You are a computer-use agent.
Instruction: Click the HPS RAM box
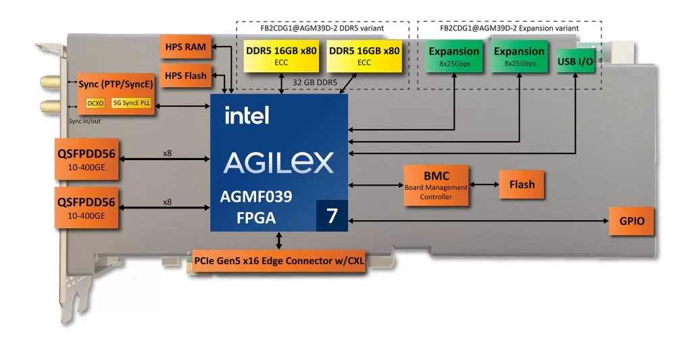(x=185, y=47)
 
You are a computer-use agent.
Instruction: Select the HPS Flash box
(x=185, y=76)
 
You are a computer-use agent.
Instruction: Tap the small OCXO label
(x=95, y=103)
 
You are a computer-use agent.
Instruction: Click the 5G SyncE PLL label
(x=131, y=103)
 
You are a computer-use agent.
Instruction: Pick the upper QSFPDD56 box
(x=86, y=159)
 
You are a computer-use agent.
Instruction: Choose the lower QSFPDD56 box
(x=86, y=207)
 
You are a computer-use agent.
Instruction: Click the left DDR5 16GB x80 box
(x=281, y=55)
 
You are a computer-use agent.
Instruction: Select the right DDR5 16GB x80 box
(x=364, y=55)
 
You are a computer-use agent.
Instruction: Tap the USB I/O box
(x=575, y=61)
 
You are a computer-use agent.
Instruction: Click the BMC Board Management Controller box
(x=436, y=185)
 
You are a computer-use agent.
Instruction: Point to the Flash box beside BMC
(x=522, y=184)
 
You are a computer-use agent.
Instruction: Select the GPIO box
(x=632, y=221)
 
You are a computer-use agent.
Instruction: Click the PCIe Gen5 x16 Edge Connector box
(x=279, y=261)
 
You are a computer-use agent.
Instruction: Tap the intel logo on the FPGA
(x=247, y=115)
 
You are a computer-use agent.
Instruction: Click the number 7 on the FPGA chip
(x=332, y=215)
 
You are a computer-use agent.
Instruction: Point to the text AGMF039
(x=256, y=197)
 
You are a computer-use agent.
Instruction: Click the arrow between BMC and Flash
(x=484, y=184)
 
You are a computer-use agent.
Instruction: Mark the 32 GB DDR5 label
(x=315, y=82)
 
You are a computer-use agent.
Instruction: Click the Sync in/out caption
(x=84, y=121)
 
